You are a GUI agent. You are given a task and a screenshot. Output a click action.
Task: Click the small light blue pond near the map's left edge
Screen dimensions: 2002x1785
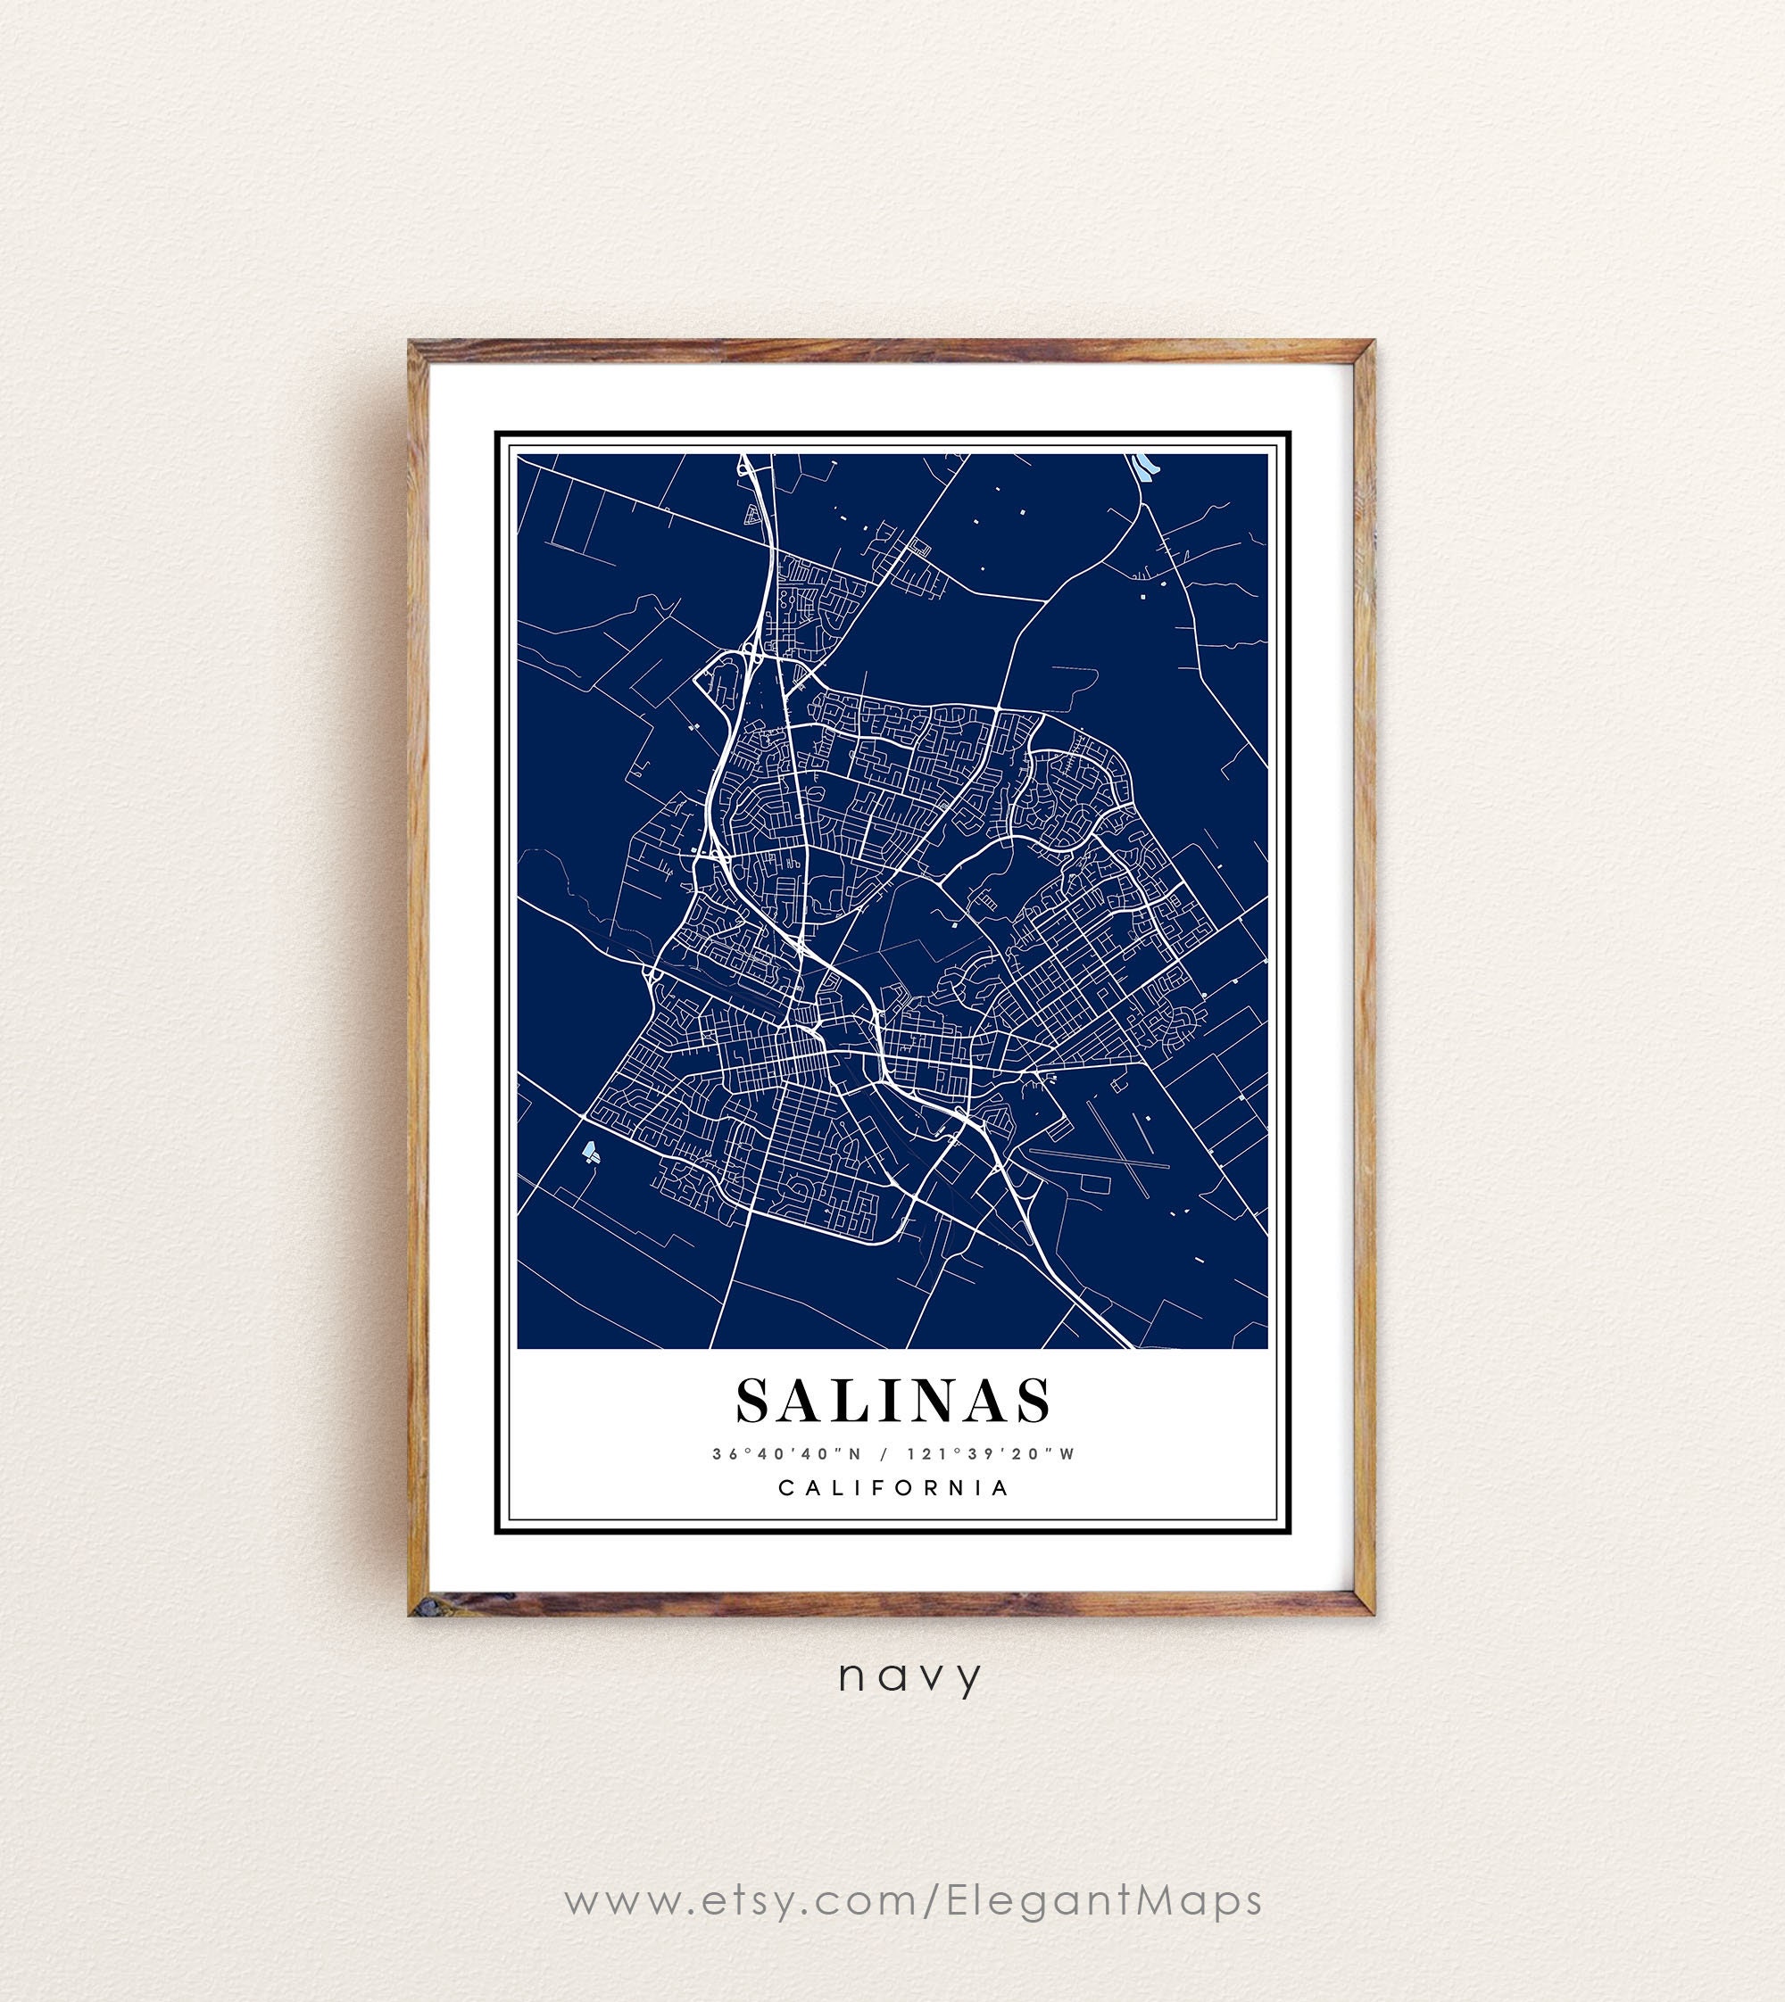tap(589, 1150)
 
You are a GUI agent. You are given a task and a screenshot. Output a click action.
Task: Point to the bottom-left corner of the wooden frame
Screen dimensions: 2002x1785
tap(413, 1615)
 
